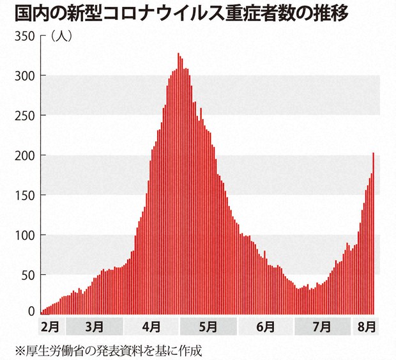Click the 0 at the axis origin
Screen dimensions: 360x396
[30, 311]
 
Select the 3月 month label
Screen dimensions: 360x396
[94, 326]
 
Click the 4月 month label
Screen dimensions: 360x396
[151, 326]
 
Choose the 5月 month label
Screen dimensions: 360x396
[208, 326]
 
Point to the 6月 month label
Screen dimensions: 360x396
[265, 326]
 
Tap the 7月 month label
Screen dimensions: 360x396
[323, 326]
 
